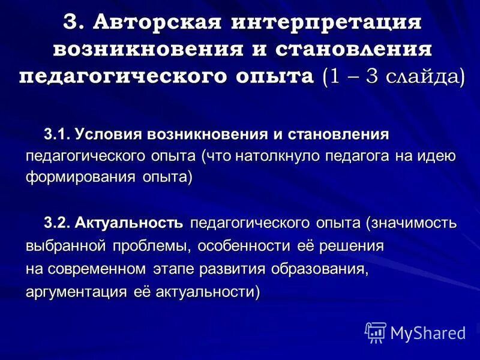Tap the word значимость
tap(415, 224)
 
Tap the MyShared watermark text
tap(428, 332)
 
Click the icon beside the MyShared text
tap(376, 332)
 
